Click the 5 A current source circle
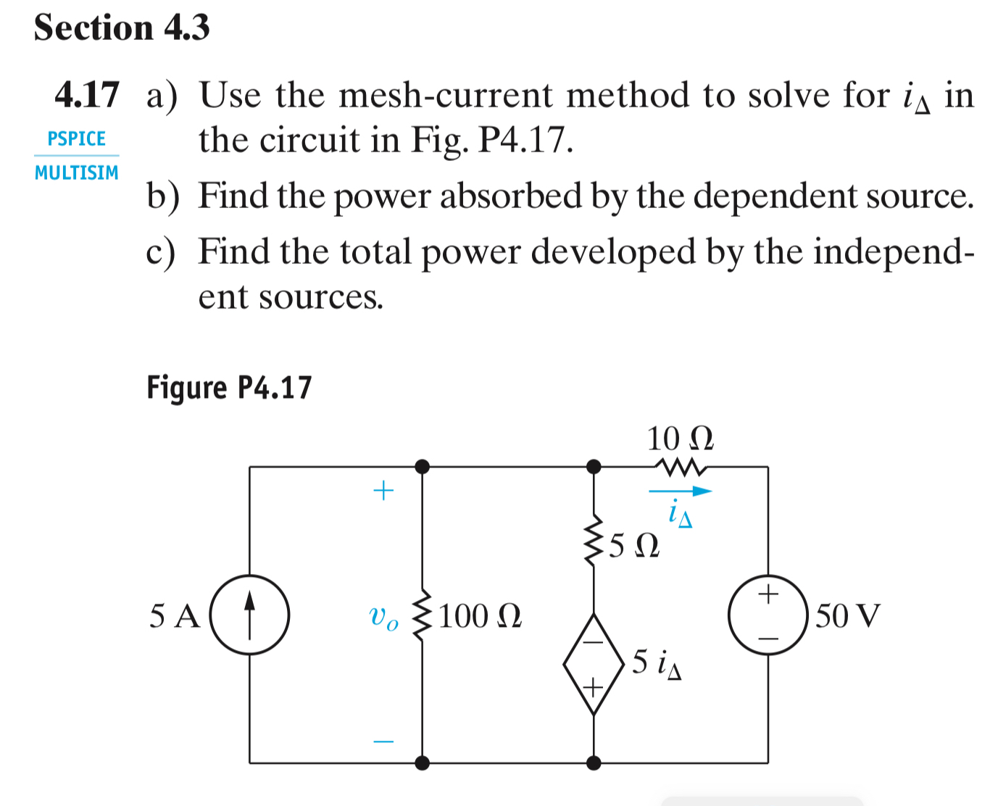[x=249, y=615]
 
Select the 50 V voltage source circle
[x=768, y=615]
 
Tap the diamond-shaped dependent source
[x=594, y=663]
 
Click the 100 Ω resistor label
[x=479, y=616]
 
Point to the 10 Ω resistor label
[x=680, y=439]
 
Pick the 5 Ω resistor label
[x=634, y=545]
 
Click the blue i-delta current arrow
[x=680, y=491]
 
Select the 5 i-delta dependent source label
[x=656, y=662]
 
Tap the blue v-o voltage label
[x=383, y=617]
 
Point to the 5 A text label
[x=175, y=616]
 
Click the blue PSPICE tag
[x=76, y=138]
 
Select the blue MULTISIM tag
[x=76, y=173]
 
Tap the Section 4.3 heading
[x=122, y=28]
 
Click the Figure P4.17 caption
[x=229, y=387]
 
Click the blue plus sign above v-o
[x=383, y=491]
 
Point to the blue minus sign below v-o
[x=383, y=741]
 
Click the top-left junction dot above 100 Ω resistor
[x=423, y=466]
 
